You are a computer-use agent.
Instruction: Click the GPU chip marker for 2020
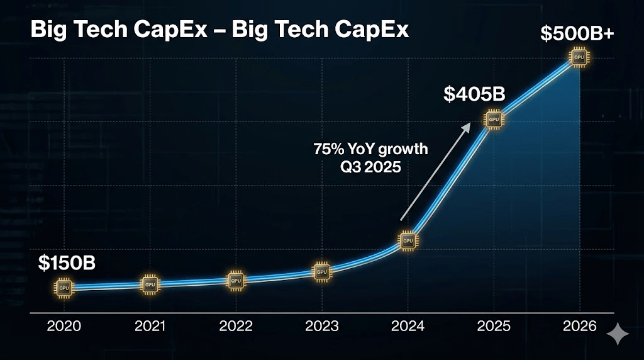pos(64,288)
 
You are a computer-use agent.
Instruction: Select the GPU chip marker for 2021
pos(150,284)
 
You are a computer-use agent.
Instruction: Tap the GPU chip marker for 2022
pos(236,281)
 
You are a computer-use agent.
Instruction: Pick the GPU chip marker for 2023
pos(321,271)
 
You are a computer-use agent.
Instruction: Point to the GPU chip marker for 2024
pos(408,240)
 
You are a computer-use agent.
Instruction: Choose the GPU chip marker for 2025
pos(494,120)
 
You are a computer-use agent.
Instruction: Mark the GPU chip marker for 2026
pos(579,58)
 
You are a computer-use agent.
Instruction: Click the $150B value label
pos(67,262)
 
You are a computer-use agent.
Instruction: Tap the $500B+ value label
pos(577,33)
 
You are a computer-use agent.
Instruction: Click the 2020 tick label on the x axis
pos(64,326)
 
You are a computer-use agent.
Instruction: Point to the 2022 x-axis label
pos(236,326)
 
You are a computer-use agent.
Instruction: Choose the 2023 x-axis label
pos(321,326)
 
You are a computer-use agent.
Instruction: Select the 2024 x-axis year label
pos(408,326)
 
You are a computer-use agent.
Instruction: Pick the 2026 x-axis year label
pos(579,326)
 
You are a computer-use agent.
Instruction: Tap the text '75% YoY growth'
pos(370,149)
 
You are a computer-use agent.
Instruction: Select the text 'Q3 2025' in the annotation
pos(370,167)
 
